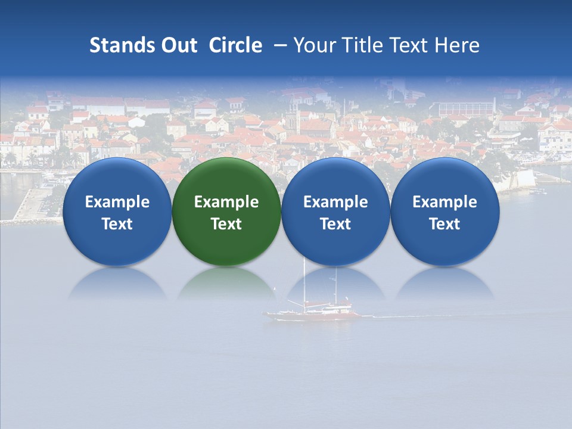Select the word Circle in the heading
(235, 46)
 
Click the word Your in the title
(314, 46)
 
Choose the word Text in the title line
(409, 46)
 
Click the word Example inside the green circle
(226, 202)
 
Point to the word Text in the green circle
(226, 224)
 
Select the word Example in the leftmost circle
(117, 202)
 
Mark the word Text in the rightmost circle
(444, 224)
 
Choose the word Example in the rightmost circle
(444, 202)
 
